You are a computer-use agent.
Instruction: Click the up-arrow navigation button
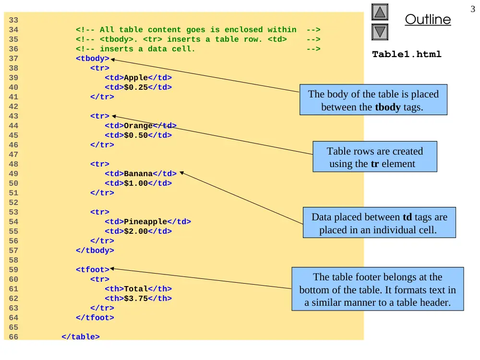click(380, 12)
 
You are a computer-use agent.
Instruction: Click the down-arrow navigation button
click(380, 32)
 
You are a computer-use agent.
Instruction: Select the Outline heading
click(428, 19)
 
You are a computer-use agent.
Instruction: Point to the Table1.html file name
click(407, 54)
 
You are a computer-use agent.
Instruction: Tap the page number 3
click(473, 9)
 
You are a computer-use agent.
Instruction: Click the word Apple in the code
click(136, 78)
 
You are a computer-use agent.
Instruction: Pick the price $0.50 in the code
click(136, 135)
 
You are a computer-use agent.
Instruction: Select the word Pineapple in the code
click(145, 222)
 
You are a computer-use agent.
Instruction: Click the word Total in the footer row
click(136, 288)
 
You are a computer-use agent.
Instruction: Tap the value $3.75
click(136, 299)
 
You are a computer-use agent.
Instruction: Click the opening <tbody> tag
click(93, 59)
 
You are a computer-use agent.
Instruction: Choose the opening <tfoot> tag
click(93, 270)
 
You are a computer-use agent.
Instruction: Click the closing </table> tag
click(81, 337)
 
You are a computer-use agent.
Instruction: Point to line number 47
click(13, 155)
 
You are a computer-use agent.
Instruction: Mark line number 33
click(13, 20)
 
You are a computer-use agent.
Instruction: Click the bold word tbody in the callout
click(387, 107)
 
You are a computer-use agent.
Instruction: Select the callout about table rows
click(375, 156)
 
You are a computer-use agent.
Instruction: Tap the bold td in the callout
click(407, 217)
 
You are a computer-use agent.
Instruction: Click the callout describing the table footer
click(377, 289)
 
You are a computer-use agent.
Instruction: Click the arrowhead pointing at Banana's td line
click(181, 173)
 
